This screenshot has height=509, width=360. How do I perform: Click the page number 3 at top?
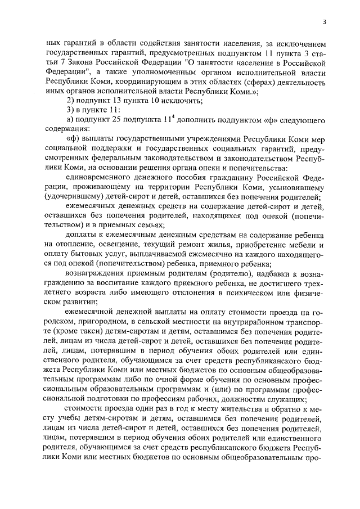[325, 21]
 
